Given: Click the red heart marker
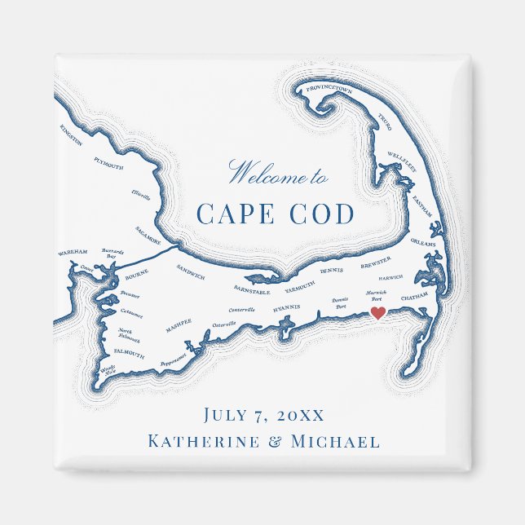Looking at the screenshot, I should click(x=377, y=312).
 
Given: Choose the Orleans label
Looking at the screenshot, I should click(x=423, y=242).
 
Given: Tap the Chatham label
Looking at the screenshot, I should click(x=414, y=297).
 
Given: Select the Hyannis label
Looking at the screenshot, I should click(x=287, y=309).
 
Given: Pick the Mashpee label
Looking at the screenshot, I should click(x=179, y=324).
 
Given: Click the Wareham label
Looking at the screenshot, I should click(x=73, y=254).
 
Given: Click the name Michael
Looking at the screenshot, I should click(x=335, y=442).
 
